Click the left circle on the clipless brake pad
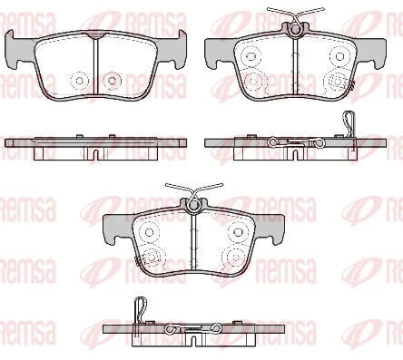(x=77, y=80)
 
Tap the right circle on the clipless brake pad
(x=112, y=80)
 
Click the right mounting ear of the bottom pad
(x=275, y=227)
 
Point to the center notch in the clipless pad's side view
(x=95, y=153)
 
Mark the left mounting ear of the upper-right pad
(x=215, y=49)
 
